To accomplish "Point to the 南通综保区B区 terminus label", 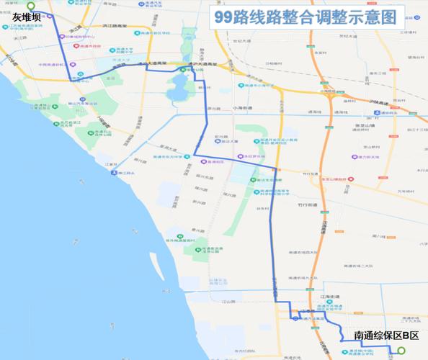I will (x=386, y=336).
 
